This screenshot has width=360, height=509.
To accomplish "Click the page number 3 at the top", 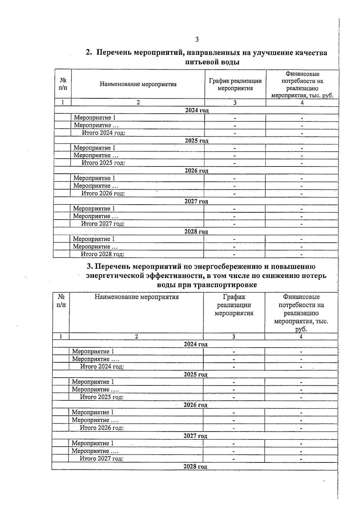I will (x=197, y=39).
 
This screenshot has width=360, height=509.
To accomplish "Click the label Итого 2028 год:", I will (x=103, y=254).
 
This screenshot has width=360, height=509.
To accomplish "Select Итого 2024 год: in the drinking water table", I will (x=103, y=133).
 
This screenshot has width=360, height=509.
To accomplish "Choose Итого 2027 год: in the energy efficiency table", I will (x=101, y=458).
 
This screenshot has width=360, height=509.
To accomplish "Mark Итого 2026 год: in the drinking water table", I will (x=103, y=193).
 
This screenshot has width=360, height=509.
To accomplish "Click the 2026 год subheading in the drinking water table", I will (x=196, y=171).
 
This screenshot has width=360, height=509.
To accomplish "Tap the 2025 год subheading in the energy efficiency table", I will (x=195, y=374).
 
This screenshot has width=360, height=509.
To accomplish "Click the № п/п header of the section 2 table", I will (x=63, y=84).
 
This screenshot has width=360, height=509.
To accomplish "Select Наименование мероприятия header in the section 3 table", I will (x=136, y=297).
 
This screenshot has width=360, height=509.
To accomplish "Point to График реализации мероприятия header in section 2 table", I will (x=235, y=84).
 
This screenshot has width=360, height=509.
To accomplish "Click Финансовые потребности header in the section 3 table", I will (x=301, y=313).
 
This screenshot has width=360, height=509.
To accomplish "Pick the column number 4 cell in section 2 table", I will (x=302, y=103).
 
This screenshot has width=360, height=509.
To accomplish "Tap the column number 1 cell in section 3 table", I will (x=61, y=337).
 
